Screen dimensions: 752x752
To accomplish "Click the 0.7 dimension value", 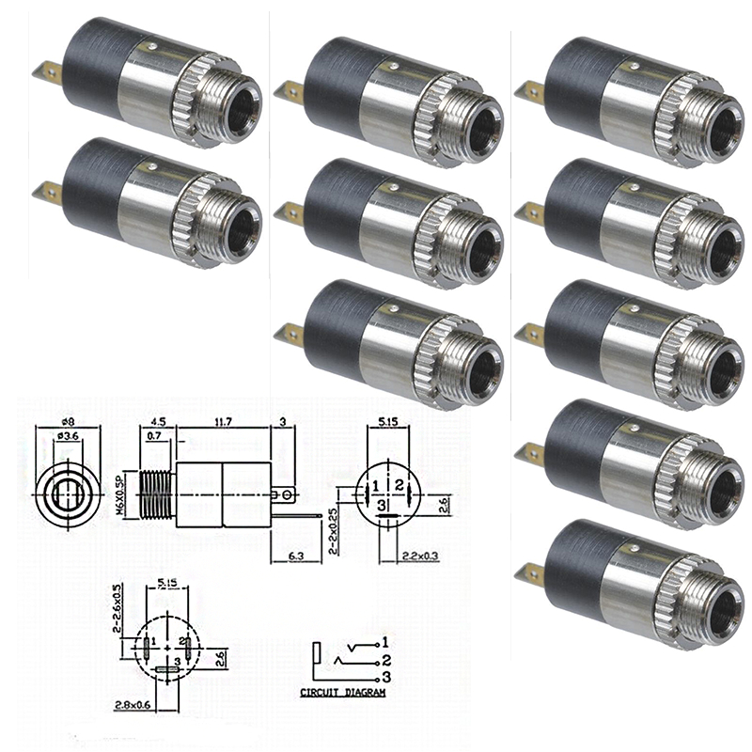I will [154, 438].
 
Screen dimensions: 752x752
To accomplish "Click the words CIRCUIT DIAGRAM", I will [342, 693].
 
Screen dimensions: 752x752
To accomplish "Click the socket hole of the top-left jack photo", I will [243, 105].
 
